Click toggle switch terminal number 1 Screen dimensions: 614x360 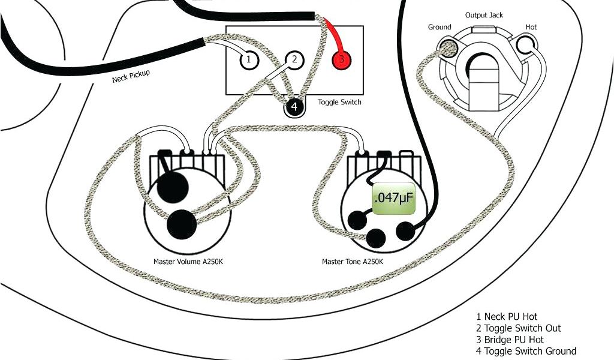coord(248,60)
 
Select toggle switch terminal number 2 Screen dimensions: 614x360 coord(294,60)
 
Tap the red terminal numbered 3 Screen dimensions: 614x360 coord(341,60)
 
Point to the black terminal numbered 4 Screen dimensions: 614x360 coord(294,107)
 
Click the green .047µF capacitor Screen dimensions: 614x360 coord(393,198)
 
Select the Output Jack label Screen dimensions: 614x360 coord(484,15)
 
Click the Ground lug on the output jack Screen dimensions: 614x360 coord(449,47)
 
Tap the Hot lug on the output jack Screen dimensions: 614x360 coord(526,44)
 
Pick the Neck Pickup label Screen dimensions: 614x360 coord(131,76)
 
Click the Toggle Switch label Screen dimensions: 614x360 coord(339,102)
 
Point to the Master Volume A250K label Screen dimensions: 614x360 coord(188,262)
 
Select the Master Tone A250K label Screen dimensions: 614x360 coord(353,262)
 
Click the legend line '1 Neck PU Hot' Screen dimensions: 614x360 coord(507,317)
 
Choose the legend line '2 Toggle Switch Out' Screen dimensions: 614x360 coord(519,328)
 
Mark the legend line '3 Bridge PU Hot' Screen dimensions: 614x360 coord(510,339)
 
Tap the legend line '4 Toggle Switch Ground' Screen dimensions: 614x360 coord(526,350)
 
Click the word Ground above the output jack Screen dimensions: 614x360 coord(440,27)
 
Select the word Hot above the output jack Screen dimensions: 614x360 coord(531,27)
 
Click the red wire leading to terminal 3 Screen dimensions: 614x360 coord(333,36)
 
